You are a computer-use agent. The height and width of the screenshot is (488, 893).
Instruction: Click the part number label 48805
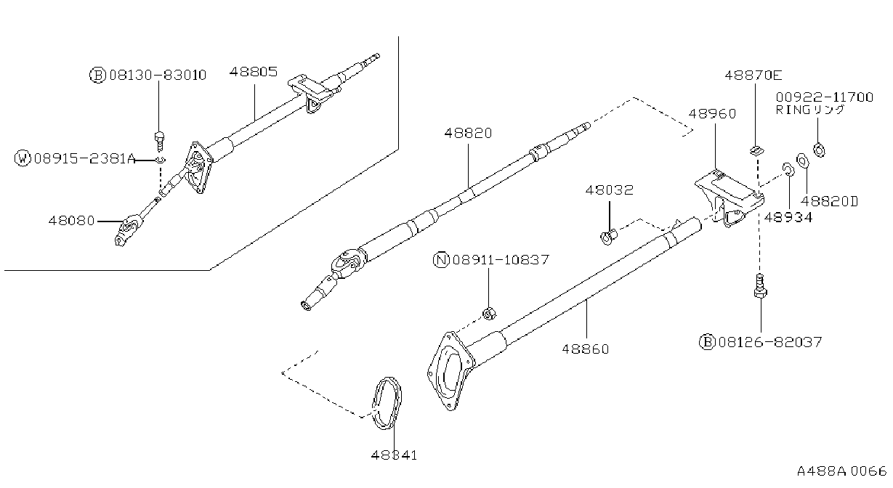tap(254, 72)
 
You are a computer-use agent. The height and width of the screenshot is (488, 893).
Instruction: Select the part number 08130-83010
tap(158, 75)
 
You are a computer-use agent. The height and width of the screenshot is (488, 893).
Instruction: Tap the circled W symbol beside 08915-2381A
tap(23, 158)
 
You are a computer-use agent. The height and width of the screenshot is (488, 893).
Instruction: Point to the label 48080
tap(72, 220)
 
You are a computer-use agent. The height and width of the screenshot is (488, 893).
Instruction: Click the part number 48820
tap(469, 133)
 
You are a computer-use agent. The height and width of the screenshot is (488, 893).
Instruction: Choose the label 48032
tap(609, 190)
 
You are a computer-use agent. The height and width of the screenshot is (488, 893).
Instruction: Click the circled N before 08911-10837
tap(441, 260)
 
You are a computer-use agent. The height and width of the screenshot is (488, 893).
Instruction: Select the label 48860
tap(586, 349)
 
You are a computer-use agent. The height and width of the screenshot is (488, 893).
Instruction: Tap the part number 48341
tap(394, 455)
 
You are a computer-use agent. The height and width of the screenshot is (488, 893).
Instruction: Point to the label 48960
tap(712, 113)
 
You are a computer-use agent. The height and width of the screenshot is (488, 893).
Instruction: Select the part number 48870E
tap(753, 75)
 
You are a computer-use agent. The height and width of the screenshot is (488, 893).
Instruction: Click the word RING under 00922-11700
tap(793, 110)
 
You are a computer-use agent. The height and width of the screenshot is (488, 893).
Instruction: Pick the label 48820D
tap(829, 201)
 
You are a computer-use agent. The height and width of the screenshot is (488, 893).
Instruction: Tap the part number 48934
tap(788, 217)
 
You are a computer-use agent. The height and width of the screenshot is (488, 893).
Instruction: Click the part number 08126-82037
tap(770, 342)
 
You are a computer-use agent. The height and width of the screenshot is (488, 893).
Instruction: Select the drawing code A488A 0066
tap(842, 471)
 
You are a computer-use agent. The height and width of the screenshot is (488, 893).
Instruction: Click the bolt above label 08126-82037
tap(760, 286)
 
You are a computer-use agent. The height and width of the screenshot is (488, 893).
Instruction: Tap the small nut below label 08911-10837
tap(489, 314)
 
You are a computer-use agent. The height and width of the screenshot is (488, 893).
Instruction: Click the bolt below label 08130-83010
tap(159, 141)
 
